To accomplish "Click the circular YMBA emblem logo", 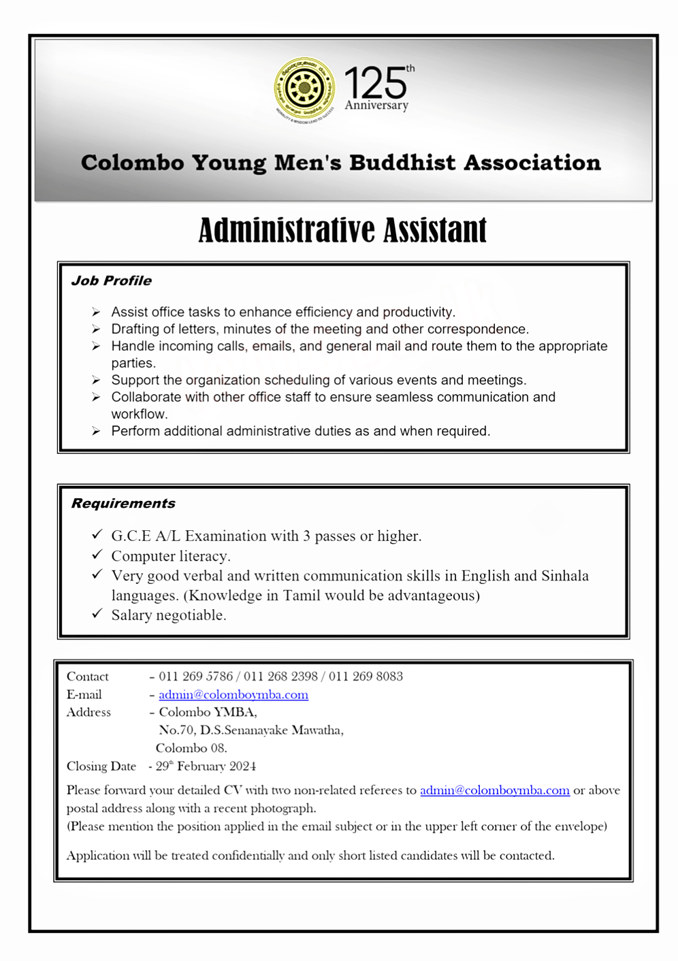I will [x=304, y=88].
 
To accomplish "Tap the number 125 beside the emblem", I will [x=375, y=84].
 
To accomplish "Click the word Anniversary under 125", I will [x=376, y=105].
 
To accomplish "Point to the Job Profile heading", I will [x=112, y=281].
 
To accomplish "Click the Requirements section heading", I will [x=123, y=504].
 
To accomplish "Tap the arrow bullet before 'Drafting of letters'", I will [x=96, y=329].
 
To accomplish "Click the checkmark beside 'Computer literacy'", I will [x=97, y=555].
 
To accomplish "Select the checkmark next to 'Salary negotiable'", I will [x=97, y=614].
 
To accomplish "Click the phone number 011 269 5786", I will [x=195, y=677].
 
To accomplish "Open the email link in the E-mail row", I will [x=233, y=695].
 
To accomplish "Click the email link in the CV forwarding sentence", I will [x=495, y=791].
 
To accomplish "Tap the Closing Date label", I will [x=101, y=766].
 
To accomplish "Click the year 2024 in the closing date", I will [x=242, y=766].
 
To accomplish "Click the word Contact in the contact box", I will [x=88, y=677].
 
